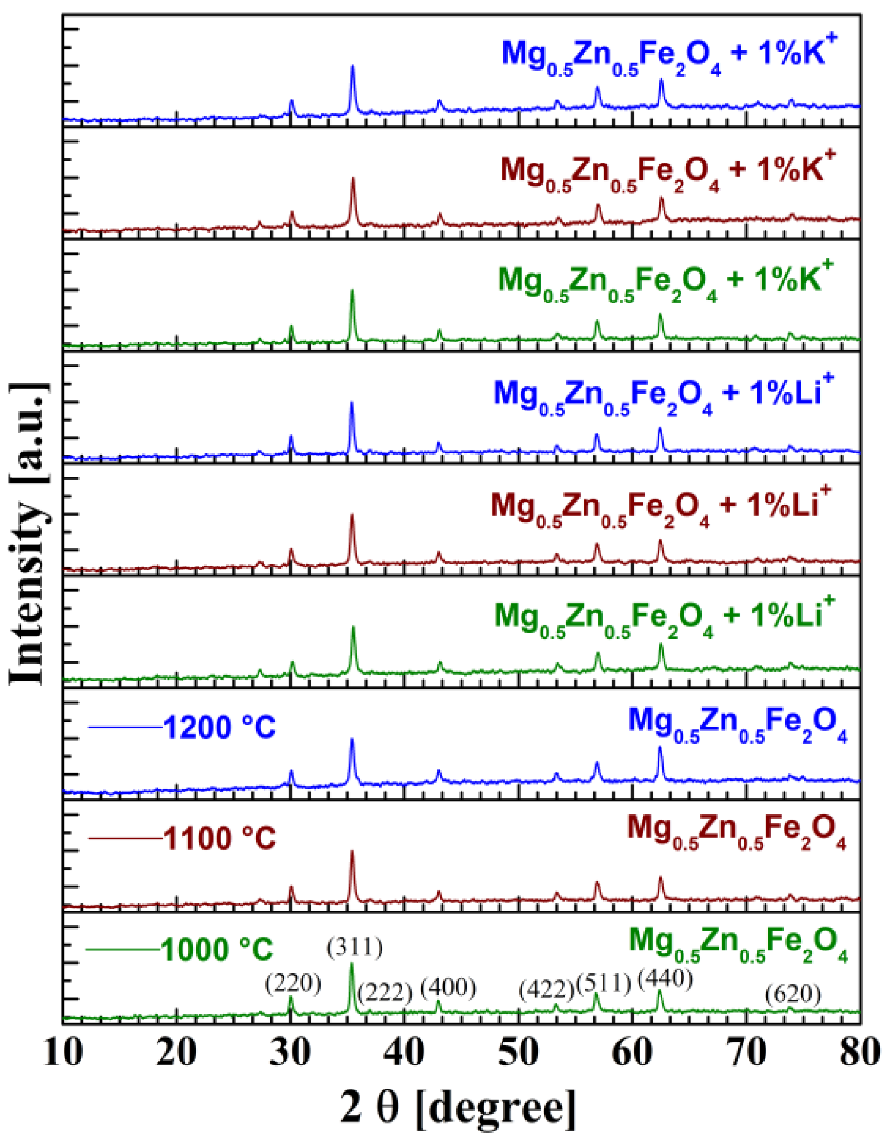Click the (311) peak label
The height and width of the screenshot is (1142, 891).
click(354, 948)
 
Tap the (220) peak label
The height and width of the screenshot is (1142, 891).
click(293, 984)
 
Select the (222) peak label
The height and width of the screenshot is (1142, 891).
click(385, 992)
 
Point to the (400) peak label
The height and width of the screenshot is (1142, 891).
click(448, 988)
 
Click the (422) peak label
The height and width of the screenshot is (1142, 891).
click(546, 989)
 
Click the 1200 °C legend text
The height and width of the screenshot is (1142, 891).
click(219, 727)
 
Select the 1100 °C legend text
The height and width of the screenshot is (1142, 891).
click(219, 839)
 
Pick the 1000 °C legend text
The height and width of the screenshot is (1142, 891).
click(217, 950)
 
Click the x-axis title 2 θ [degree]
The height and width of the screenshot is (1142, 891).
click(458, 1108)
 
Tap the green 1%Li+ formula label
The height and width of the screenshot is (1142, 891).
click(664, 617)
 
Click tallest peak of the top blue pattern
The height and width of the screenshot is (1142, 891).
click(353, 68)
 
